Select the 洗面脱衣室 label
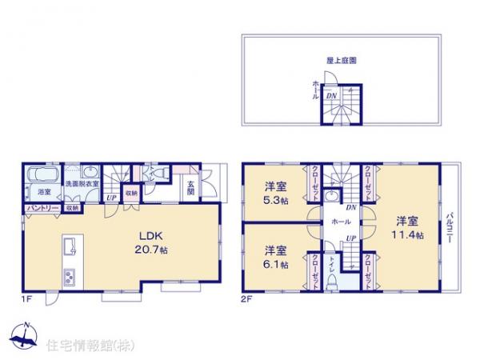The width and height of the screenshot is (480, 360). tap(81, 184)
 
